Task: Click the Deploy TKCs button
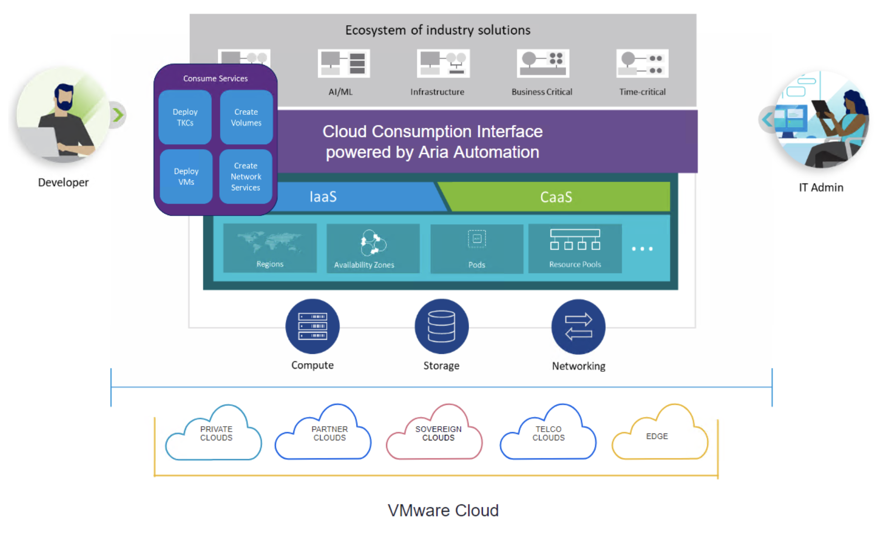(185, 117)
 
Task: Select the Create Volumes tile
(246, 117)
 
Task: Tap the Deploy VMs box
(186, 176)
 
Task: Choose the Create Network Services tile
(246, 176)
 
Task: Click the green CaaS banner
(556, 197)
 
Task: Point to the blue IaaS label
(323, 197)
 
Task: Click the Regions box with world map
(270, 248)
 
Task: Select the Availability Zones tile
(373, 248)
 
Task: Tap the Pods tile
(476, 248)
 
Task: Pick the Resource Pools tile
(575, 248)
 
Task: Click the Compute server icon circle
(312, 326)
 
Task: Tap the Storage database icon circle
(442, 326)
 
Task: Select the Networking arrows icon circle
(578, 326)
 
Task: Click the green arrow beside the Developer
(118, 115)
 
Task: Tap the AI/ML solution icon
(344, 64)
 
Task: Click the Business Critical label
(542, 92)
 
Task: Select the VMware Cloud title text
(443, 510)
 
